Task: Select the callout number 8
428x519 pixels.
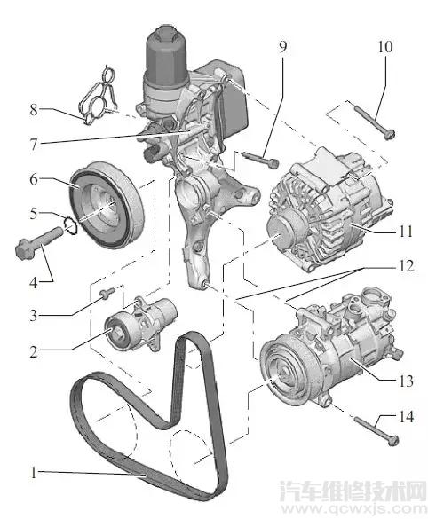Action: click(x=35, y=110)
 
